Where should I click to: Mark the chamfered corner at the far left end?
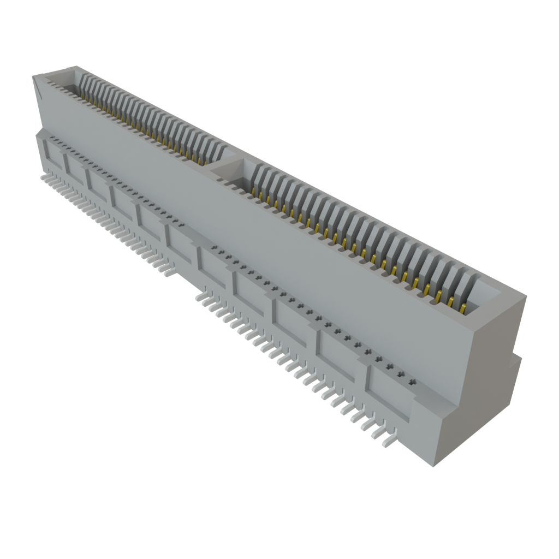pyautogui.click(x=37, y=87)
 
